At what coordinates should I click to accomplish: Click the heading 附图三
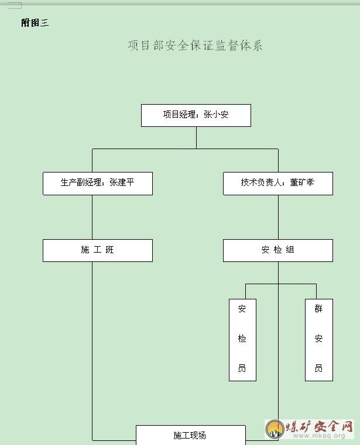[35, 23]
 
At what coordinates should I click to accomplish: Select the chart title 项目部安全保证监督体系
[195, 46]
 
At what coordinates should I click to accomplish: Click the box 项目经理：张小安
[196, 116]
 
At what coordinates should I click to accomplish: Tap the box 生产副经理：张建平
[98, 184]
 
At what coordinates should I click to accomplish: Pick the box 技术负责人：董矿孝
[278, 184]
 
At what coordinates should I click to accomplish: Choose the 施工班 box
[98, 250]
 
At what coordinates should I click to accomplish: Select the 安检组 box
[278, 250]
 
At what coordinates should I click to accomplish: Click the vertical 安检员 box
[243, 340]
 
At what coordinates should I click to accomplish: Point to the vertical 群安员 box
[319, 340]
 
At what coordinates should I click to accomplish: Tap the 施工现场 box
[191, 435]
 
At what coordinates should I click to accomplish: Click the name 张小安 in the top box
[216, 115]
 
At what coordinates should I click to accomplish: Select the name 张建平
[122, 182]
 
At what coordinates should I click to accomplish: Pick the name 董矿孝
[302, 182]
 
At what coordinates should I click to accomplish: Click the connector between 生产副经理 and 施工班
[92, 217]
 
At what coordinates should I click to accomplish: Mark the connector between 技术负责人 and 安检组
[278, 217]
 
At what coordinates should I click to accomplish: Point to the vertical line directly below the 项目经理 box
[196, 137]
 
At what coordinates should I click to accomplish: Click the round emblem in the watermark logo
[275, 429]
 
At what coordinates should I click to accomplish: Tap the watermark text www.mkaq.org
[319, 436]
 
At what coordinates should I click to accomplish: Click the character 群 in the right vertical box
[318, 309]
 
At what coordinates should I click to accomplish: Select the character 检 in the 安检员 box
[242, 339]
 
